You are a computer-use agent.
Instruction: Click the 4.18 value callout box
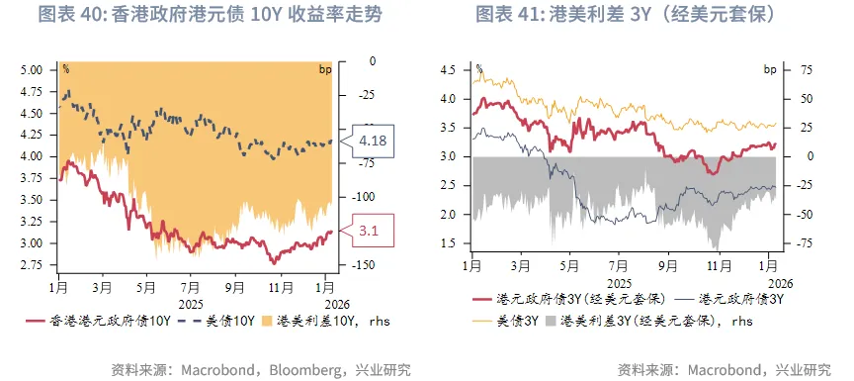[373, 141]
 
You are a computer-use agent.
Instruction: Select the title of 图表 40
[210, 15]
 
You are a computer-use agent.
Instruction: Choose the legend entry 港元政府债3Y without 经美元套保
[741, 298]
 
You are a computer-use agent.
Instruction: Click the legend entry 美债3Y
[512, 321]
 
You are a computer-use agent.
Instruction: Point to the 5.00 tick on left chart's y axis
[32, 70]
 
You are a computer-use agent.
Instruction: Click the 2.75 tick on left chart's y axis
[32, 265]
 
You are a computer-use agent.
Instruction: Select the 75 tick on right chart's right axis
[778, 70]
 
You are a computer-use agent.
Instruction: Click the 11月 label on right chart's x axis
[717, 266]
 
